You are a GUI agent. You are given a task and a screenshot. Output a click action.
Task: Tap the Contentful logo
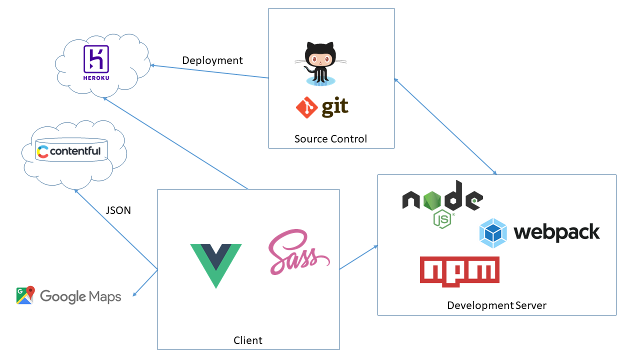tap(69, 151)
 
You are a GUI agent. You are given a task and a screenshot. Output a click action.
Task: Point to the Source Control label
tap(330, 139)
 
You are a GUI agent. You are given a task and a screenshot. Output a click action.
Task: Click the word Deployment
tap(212, 60)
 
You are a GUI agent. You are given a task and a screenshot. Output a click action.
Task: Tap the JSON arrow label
tap(118, 210)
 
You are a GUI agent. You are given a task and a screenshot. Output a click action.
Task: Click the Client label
tap(248, 340)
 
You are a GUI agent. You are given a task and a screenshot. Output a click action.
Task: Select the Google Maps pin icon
tap(25, 295)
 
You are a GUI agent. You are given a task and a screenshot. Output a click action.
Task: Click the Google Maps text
tap(80, 296)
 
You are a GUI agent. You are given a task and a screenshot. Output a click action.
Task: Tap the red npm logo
tap(459, 272)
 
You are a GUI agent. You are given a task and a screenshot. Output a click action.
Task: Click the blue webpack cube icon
tap(493, 233)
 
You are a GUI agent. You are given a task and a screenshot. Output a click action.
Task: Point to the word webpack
tap(556, 232)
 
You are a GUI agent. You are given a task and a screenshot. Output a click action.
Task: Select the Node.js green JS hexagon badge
tap(442, 219)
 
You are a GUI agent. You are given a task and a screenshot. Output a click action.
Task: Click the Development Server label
tap(496, 305)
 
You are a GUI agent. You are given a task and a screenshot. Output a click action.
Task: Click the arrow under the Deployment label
tap(210, 71)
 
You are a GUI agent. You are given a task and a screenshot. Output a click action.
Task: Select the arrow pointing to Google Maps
tap(145, 283)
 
